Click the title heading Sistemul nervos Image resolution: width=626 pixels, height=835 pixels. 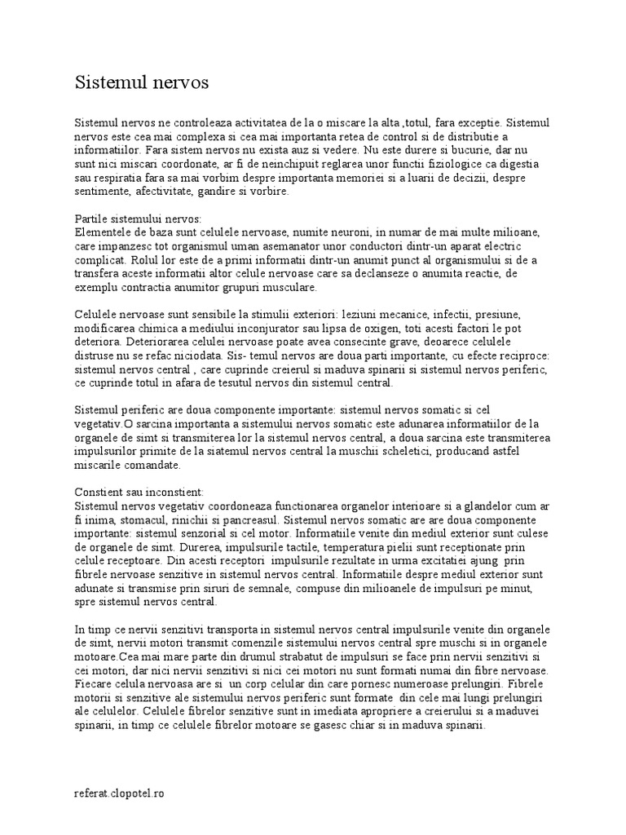coord(142,82)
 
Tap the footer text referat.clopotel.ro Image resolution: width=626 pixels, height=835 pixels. coord(119,793)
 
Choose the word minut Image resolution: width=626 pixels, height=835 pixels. coord(531,589)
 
